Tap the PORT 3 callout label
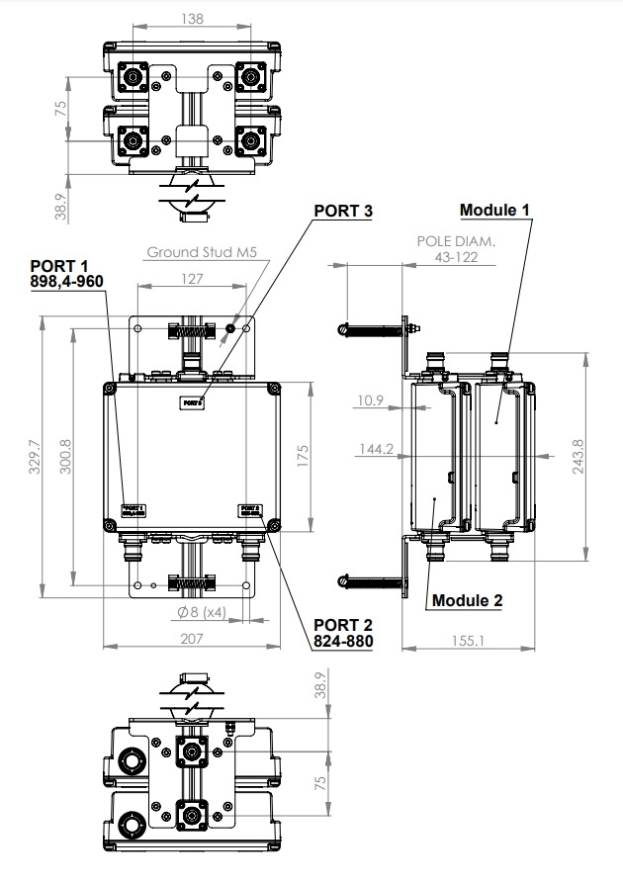(x=343, y=212)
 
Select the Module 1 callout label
(x=495, y=211)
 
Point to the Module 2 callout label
(x=467, y=600)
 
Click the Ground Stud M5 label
(x=202, y=253)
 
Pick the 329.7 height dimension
(x=34, y=457)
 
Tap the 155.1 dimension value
(x=469, y=640)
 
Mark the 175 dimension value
(x=304, y=456)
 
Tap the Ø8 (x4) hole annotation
(x=201, y=613)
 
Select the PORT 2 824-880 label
(x=342, y=632)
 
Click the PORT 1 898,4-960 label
(x=66, y=274)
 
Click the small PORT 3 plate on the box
(x=192, y=402)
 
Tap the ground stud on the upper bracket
(x=229, y=327)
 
